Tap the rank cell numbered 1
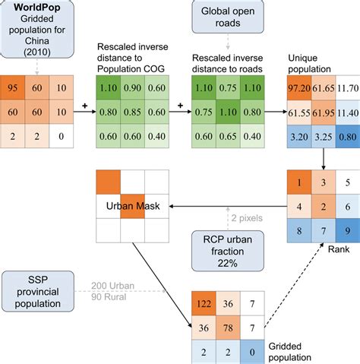pos(299,182)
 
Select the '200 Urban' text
pos(113,285)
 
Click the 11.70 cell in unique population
pos(346,88)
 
